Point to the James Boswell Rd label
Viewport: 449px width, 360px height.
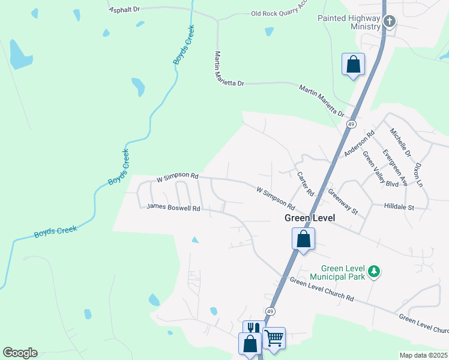(173, 208)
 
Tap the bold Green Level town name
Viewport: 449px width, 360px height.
(309, 219)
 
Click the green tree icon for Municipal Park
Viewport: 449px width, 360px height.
(374, 272)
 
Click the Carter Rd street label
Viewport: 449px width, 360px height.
(306, 184)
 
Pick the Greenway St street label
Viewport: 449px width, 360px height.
(343, 202)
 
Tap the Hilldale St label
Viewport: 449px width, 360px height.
(399, 207)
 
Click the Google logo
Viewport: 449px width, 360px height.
(20, 353)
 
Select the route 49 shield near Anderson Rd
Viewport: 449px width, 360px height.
(352, 124)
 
